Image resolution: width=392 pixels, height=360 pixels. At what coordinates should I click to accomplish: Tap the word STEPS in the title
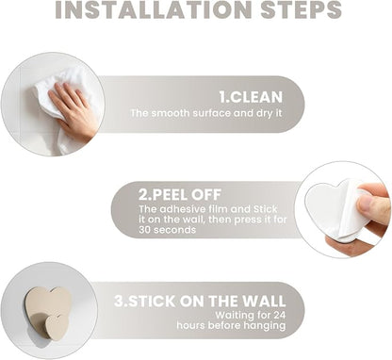pyautogui.click(x=301, y=9)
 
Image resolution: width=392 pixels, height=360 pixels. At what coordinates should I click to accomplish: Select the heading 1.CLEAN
pyautogui.click(x=251, y=97)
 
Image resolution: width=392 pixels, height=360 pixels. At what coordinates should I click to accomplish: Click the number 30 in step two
pyautogui.click(x=144, y=230)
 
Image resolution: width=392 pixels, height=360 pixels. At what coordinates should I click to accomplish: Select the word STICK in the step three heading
pyautogui.click(x=152, y=301)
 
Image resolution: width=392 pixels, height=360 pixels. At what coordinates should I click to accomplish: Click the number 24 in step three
pyautogui.click(x=279, y=315)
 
